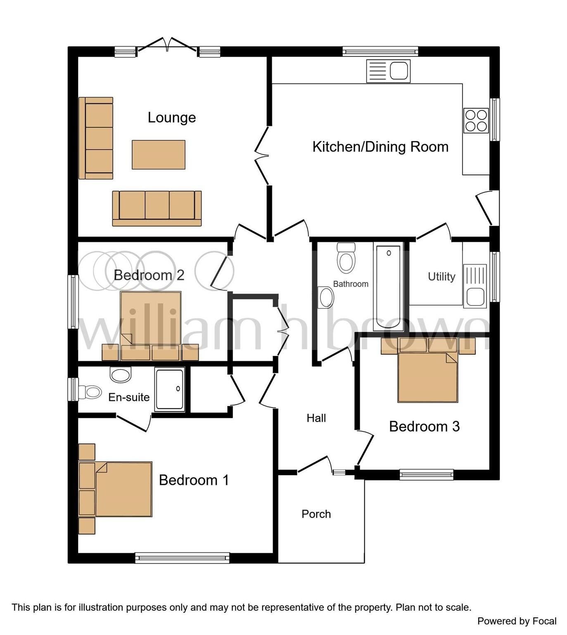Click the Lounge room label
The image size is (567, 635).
(172, 118)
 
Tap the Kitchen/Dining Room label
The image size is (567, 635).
(380, 147)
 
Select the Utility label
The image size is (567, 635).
(441, 277)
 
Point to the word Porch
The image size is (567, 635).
(316, 514)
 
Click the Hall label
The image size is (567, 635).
(316, 418)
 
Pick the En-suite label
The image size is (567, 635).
(129, 397)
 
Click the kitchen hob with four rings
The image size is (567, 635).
(476, 120)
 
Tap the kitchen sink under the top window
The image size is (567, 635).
(388, 71)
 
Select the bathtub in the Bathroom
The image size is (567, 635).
(388, 286)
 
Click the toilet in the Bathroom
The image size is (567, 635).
(346, 258)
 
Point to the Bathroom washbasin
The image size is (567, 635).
(326, 297)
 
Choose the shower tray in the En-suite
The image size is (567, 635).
(170, 390)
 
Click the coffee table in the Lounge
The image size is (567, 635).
(159, 155)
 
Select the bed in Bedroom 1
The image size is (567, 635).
(123, 489)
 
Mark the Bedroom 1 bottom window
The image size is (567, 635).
(182, 558)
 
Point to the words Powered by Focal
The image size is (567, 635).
(517, 621)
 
